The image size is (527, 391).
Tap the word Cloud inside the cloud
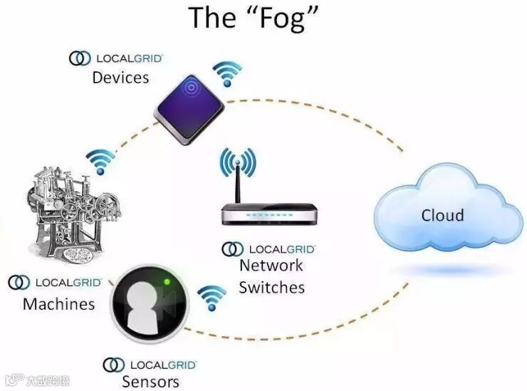point(442,215)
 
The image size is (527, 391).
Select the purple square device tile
point(189,108)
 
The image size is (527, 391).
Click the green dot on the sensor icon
point(166,283)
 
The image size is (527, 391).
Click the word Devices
point(120,77)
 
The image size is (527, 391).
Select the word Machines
point(58,304)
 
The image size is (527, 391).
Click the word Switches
point(271,287)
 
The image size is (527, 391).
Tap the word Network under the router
point(271,266)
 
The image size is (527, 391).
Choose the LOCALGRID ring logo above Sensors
point(114,365)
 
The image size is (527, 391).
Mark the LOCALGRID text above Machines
point(68,283)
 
